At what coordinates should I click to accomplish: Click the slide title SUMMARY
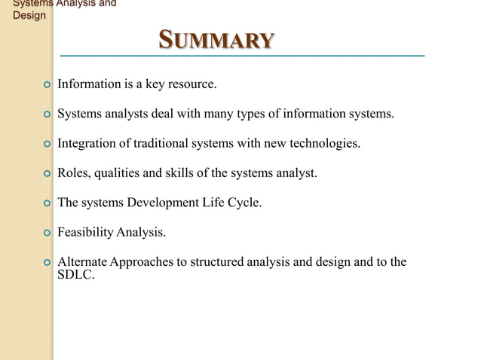[x=216, y=40]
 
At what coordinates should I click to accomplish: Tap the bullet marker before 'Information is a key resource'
[x=47, y=85]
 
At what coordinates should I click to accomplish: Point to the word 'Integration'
[x=87, y=143]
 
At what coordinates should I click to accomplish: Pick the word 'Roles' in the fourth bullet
[x=73, y=173]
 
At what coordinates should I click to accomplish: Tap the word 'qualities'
[x=118, y=173]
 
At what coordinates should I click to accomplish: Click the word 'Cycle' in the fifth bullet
[x=246, y=203]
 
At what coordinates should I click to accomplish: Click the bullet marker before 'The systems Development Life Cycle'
[x=47, y=203]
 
